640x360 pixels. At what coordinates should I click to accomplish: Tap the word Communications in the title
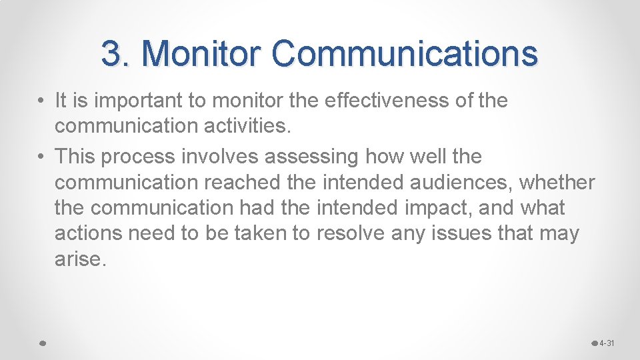tap(405, 53)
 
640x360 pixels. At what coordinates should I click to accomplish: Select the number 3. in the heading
tap(116, 53)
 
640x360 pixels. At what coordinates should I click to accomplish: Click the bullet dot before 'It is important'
tap(41, 101)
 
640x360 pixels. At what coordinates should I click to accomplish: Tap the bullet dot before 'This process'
tap(41, 157)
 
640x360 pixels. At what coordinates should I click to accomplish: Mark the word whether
tap(557, 182)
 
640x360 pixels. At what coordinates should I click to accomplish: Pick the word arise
tap(79, 259)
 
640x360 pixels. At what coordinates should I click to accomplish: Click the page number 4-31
tap(607, 343)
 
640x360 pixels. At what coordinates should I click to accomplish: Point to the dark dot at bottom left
tap(41, 343)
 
